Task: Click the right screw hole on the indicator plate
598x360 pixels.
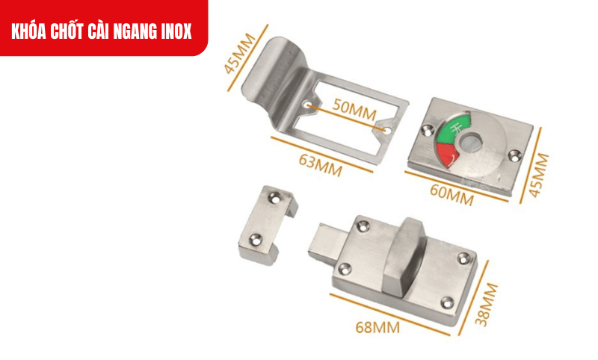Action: click(514, 155)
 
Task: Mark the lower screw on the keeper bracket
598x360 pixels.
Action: click(254, 239)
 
